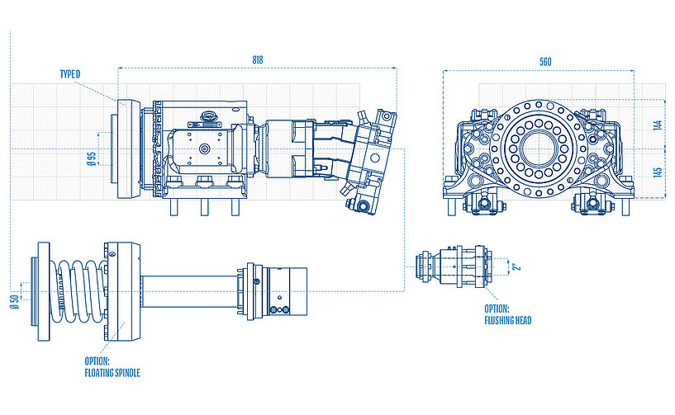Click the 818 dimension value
[259, 60]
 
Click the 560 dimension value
[544, 62]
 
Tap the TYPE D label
[70, 75]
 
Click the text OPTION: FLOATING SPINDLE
[112, 367]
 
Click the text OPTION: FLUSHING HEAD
[510, 314]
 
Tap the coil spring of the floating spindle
[74, 287]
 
